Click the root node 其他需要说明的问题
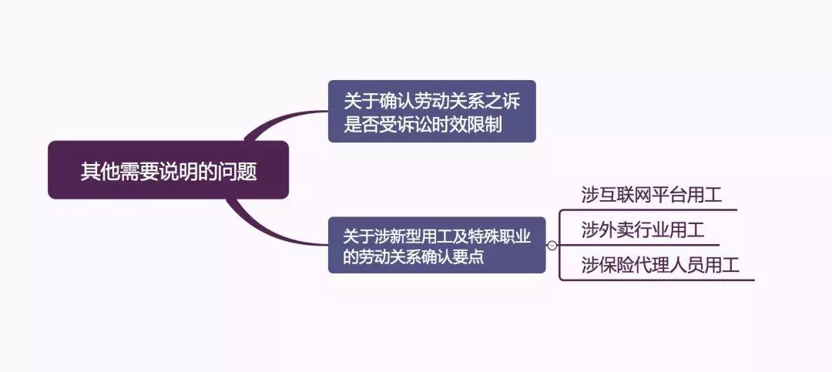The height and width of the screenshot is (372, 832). coord(168,169)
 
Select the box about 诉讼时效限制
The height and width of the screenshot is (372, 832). coord(432,111)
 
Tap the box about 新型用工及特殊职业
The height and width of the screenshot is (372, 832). coord(437,245)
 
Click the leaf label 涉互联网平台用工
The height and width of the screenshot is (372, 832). coord(652,195)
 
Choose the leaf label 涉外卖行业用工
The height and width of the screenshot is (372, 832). coord(642,230)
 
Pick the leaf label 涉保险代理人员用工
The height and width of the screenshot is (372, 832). coord(660,265)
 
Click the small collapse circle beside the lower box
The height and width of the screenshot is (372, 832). coord(552,245)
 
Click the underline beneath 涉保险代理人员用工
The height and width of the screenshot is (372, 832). coord(658,280)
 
